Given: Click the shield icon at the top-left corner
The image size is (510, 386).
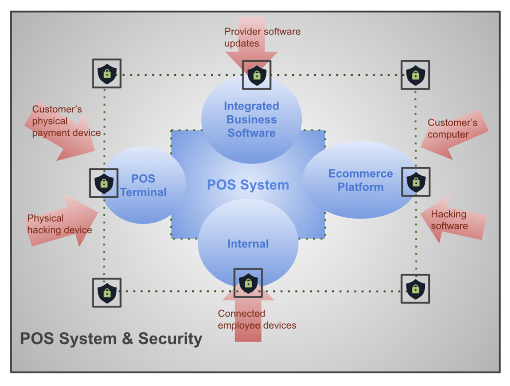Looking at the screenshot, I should point(107,74).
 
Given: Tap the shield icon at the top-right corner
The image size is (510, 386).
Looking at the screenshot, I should point(415,75).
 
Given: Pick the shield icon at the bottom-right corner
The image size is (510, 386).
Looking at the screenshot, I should point(415,288).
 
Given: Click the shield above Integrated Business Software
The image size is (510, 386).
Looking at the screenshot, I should point(256,75).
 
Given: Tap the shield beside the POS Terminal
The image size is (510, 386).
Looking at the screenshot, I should point(104,183).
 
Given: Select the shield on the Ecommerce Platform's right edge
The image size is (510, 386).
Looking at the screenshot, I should point(415,182).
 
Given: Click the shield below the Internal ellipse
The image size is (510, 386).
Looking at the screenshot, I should point(248,283).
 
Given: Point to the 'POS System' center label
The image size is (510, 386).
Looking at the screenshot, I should point(248,185).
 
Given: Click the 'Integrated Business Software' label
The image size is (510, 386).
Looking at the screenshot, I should point(252,120).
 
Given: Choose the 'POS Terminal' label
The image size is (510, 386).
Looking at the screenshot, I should point(143,185).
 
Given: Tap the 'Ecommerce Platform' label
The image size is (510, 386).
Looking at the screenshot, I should point(361,180).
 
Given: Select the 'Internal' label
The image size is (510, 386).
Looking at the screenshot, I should point(248,244).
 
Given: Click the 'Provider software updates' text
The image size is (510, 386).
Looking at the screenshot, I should point(262,37).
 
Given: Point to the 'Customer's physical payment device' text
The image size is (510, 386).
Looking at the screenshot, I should point(66,121).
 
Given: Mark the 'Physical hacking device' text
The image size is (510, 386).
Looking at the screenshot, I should point(59,224).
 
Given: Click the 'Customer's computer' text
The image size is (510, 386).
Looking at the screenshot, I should point(452,129).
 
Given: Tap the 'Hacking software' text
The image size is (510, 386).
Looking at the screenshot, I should point(449,220).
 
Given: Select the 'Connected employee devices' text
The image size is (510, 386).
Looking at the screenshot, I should point(257,319).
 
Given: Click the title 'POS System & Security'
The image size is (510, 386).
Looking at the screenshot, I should point(111,339).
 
